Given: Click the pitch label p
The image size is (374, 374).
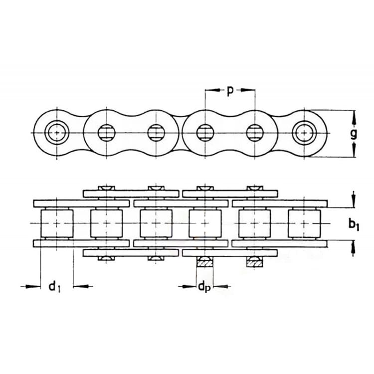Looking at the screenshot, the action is tap(229, 91).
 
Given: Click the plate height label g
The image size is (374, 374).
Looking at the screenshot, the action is tap(354, 135).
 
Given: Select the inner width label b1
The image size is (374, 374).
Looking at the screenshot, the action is tap(354, 225).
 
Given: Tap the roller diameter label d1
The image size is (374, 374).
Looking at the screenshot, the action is tap(55, 286).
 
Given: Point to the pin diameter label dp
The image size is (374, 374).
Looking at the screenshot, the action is tap(204, 287).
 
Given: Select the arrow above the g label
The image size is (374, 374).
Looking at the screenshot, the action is tap(354, 118).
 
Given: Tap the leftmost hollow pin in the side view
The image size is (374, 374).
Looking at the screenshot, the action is tap(57, 132).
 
